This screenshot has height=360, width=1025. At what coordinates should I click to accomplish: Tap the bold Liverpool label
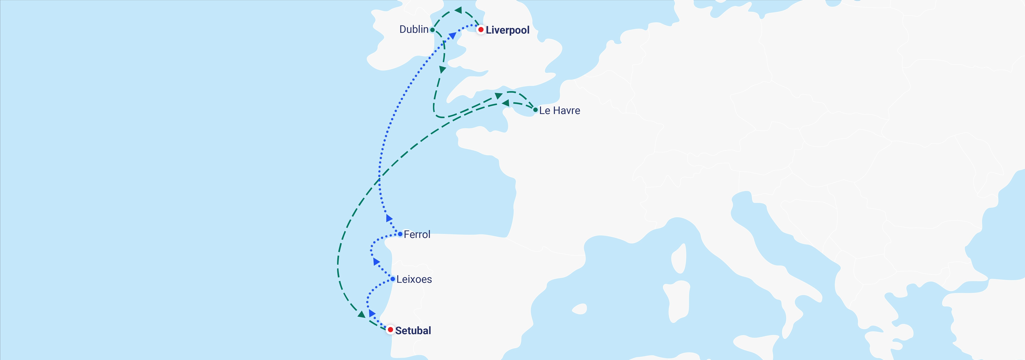(x=507, y=30)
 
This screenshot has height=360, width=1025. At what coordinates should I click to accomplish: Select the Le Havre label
(x=559, y=111)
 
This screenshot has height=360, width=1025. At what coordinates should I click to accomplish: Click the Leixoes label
(x=414, y=279)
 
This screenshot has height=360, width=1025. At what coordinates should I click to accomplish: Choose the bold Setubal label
(x=413, y=331)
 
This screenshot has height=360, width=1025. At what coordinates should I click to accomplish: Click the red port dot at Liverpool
(x=481, y=30)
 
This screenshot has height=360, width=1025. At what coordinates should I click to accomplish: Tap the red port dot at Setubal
(x=390, y=330)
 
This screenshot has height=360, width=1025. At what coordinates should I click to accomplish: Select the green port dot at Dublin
(x=432, y=30)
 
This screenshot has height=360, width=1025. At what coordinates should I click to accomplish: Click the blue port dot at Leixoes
(x=393, y=279)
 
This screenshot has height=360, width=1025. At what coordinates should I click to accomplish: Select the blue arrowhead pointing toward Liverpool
(x=452, y=36)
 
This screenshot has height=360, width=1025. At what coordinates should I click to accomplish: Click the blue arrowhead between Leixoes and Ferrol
(x=376, y=262)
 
